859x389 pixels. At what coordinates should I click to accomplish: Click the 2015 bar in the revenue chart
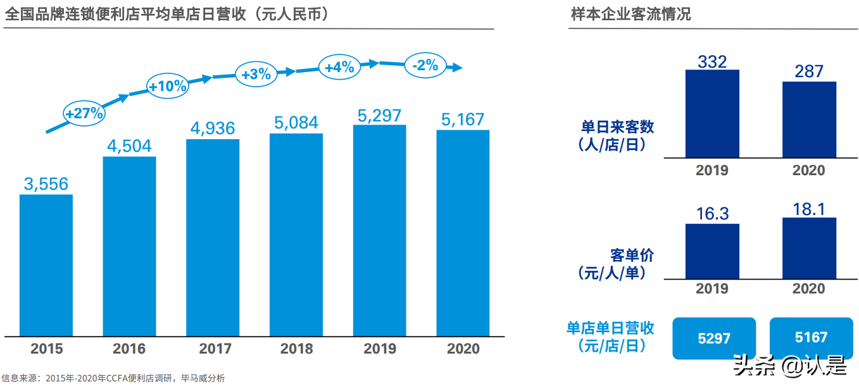coord(46,265)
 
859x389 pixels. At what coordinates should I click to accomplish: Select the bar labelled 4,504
coord(129,246)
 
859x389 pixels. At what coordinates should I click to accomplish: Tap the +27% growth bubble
coord(84,113)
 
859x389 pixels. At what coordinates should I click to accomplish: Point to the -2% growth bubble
coord(425,65)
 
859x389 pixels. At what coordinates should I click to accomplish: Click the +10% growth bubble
coord(168,86)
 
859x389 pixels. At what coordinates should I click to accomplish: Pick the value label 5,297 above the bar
coord(379,115)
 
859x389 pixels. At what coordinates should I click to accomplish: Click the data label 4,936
coord(213,129)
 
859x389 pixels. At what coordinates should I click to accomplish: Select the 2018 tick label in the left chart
coord(296,349)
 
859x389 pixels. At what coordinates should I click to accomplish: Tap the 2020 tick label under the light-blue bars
coord(463,349)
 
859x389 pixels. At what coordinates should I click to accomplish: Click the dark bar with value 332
coord(712,113)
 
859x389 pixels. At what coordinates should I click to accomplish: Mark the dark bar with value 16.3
coord(712,251)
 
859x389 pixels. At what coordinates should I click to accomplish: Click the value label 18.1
coord(809,209)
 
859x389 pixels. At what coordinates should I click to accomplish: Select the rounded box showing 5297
coord(714,338)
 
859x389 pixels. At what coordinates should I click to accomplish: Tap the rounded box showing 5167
coord(811,338)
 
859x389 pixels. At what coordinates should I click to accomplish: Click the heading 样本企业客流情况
coord(630,14)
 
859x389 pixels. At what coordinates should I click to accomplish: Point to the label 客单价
coord(632,256)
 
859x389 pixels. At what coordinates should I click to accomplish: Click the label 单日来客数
coord(618,127)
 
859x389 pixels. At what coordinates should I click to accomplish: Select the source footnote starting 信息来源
coord(113,378)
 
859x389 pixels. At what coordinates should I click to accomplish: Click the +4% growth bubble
coord(339,66)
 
